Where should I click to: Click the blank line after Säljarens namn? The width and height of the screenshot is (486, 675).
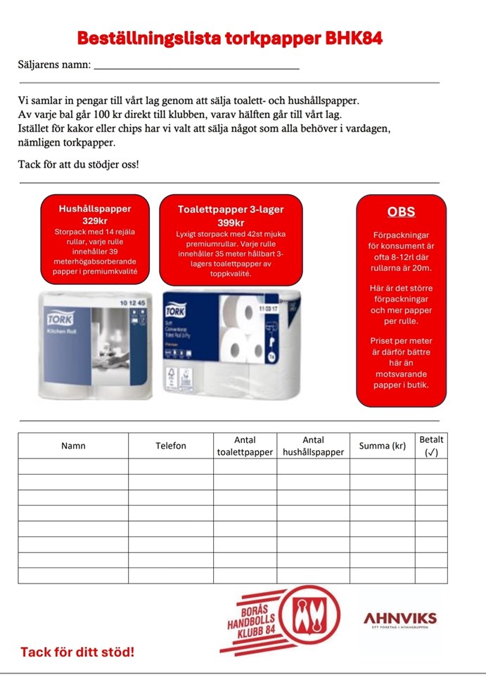coord(196,66)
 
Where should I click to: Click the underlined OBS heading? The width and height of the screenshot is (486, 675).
coord(401,212)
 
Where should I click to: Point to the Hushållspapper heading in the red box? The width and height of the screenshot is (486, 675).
coord(95,209)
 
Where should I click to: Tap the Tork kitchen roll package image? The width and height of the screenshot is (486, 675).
coord(95,345)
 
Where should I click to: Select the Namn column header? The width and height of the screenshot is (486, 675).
coord(73,446)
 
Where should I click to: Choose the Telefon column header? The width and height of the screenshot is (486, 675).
coord(171,446)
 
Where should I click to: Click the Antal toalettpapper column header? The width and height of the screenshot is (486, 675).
coord(245,446)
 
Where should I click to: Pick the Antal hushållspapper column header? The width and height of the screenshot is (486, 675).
coord(314,446)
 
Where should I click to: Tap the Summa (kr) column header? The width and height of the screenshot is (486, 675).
coord(382,446)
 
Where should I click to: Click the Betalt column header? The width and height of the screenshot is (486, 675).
coord(431,446)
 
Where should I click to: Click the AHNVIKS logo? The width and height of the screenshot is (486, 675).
coord(399,619)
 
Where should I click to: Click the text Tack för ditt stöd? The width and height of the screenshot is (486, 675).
coord(77,652)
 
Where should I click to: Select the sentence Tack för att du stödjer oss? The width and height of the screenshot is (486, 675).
coord(79,165)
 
